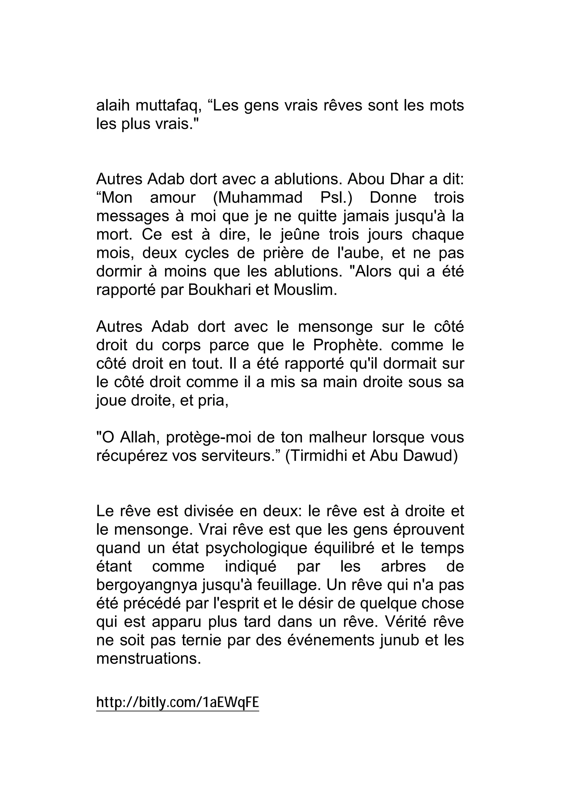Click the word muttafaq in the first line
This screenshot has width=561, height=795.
click(168, 105)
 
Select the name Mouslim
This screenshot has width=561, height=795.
click(305, 290)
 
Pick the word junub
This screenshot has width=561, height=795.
click(399, 640)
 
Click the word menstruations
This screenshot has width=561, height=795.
click(148, 659)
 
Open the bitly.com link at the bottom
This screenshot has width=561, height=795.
click(178, 703)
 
